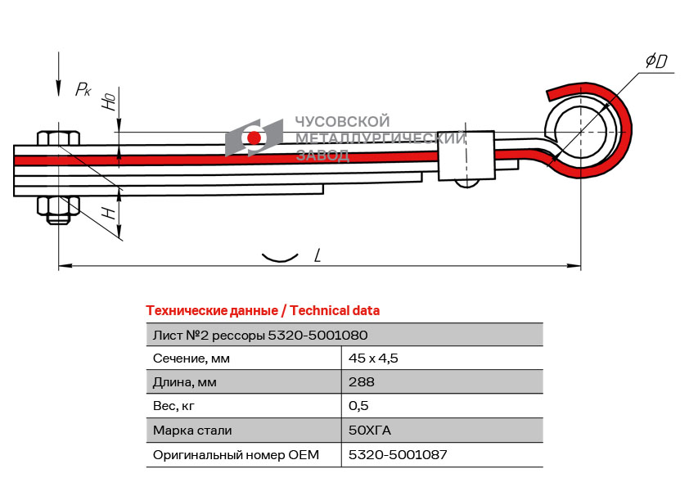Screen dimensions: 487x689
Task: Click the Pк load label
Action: pos(83,89)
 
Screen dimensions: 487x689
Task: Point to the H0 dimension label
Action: pos(108,101)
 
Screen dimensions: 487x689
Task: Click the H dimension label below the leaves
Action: pos(107,213)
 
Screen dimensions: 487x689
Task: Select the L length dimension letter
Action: pos(317,256)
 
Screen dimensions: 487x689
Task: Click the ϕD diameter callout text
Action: pos(656,61)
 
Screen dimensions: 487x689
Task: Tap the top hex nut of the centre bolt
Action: pos(57,136)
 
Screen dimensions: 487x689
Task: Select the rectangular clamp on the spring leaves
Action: pos(466,155)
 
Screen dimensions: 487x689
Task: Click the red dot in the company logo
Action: pos(254,138)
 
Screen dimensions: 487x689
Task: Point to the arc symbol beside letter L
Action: pos(279,258)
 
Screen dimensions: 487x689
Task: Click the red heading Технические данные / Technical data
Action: pos(263,310)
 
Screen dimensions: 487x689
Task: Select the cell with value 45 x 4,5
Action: pos(373,358)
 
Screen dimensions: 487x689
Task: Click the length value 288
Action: pos(361,381)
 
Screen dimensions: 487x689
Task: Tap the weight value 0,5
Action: pos(358,405)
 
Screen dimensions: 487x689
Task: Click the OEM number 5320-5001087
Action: pos(398,454)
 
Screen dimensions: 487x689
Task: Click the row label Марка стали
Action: pos(192,430)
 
